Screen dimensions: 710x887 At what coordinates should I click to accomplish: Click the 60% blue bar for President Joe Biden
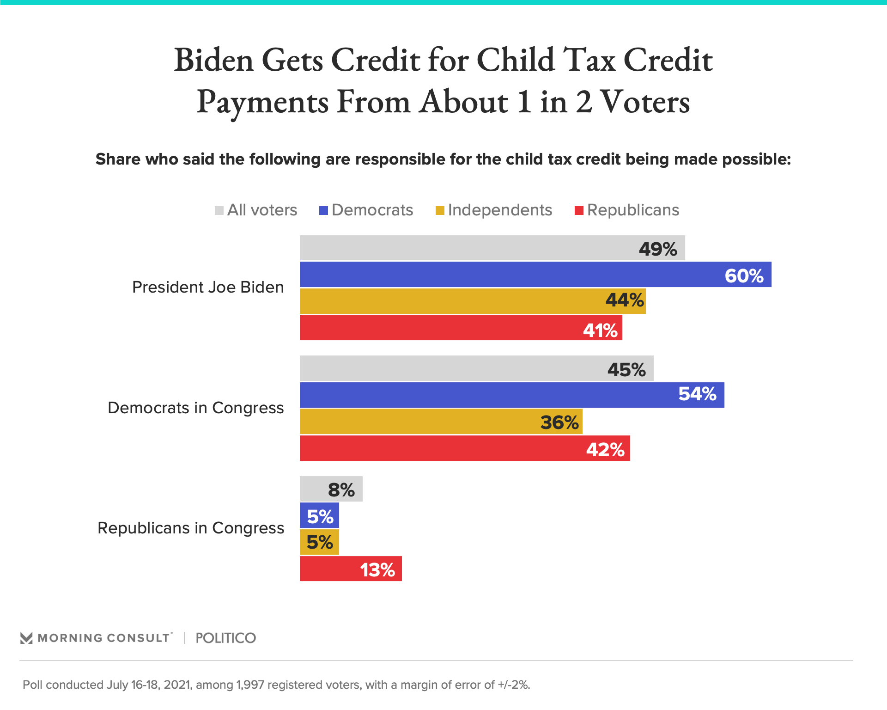coord(535,275)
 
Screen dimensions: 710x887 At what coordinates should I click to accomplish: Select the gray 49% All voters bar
coord(492,248)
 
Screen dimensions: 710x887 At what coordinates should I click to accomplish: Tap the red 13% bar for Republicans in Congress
coord(350,569)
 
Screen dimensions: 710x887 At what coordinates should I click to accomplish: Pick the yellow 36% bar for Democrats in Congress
coord(441,422)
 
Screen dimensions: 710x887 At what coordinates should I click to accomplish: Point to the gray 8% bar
coord(331,489)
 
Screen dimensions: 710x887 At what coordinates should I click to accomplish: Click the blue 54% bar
coord(511,395)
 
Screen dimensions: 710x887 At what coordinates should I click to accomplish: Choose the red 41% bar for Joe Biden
coord(461,328)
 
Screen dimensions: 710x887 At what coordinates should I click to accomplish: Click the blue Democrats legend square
coord(323,211)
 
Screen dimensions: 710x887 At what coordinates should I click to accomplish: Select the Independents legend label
coord(500,210)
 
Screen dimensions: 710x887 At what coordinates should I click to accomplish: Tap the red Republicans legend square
coord(579,211)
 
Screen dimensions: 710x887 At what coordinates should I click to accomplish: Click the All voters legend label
coord(262,210)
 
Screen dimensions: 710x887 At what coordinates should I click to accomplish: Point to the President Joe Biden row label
coord(208,288)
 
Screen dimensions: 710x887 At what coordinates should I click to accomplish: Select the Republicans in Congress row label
coord(191,528)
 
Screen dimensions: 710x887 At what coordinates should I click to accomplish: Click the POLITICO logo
coord(225,638)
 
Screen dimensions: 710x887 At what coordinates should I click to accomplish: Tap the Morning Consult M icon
coord(26,638)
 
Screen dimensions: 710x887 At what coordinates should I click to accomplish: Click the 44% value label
coord(625,300)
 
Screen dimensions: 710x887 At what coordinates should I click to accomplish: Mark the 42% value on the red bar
coord(605,449)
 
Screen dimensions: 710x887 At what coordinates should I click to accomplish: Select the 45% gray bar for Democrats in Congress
coord(476,368)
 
